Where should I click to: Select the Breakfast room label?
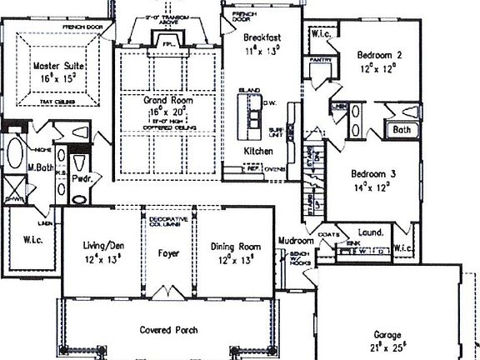(259, 38)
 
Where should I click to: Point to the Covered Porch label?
(169, 330)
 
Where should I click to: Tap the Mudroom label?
(295, 246)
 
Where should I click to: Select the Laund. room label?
(371, 232)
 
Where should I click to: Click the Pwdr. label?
(82, 178)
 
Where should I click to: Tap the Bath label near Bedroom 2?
(402, 130)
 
